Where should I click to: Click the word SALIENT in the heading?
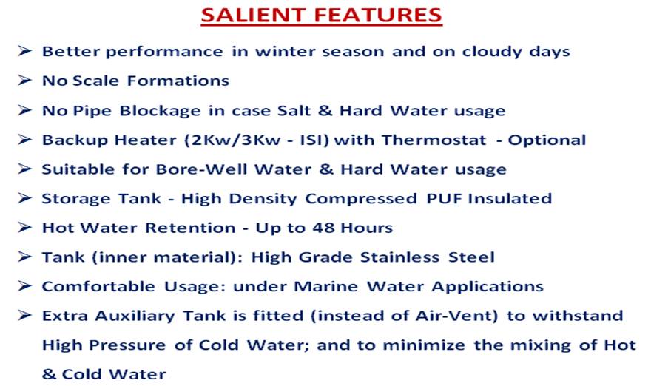pos(252,15)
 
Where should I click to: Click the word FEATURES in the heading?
pos(378,15)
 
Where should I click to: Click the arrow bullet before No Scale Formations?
pos(24,80)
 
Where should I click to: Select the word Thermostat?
pos(434,140)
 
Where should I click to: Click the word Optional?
pos(547,140)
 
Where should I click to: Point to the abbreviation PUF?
pos(444,198)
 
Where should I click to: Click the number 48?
pos(323,228)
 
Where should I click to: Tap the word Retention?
pos(191,228)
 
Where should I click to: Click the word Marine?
pos(326,286)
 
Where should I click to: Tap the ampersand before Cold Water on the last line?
pos(49,374)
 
